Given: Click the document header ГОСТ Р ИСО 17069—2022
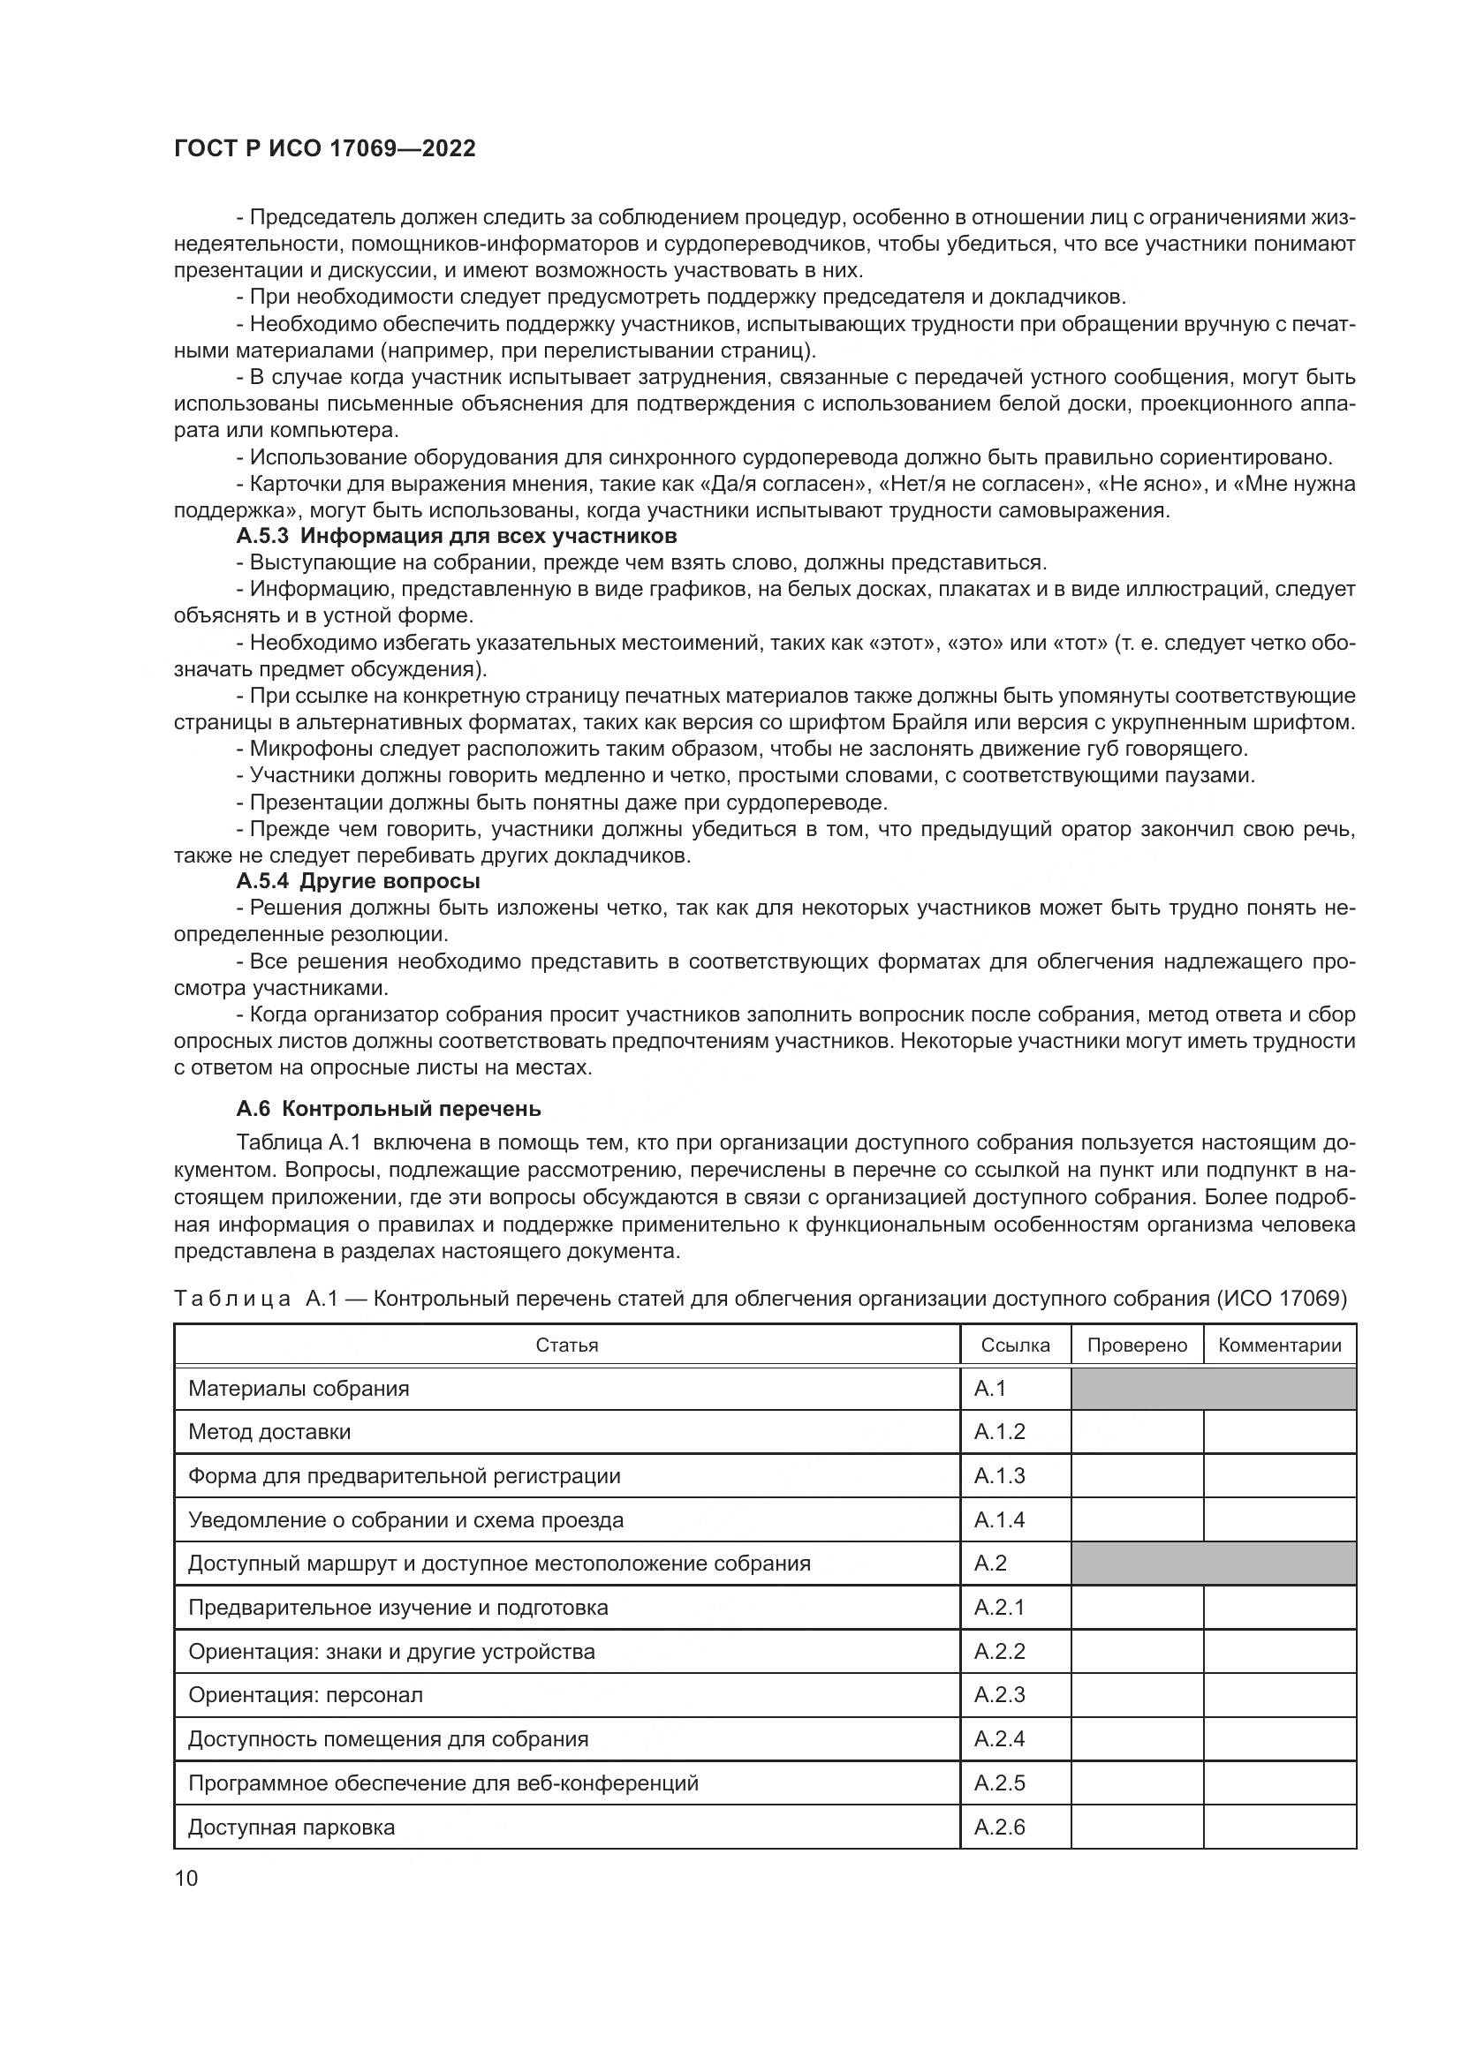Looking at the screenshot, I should coord(325,148).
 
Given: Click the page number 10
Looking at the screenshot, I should coord(186,1878).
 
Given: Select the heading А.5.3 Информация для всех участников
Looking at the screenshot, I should coord(456,537).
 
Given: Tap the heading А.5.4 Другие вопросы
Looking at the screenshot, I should coord(358,880).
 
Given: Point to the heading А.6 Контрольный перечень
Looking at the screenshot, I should coord(389,1109).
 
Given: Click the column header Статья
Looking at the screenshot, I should coord(567,1345).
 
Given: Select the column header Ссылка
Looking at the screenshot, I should coord(1016,1345).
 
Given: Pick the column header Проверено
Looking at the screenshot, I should coord(1137,1345).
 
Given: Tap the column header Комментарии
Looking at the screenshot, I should coord(1279,1345).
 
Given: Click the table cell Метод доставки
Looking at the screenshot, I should coord(270,1432).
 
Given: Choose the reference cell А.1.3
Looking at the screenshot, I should coord(1000,1476).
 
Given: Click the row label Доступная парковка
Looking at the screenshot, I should coord(291,1827).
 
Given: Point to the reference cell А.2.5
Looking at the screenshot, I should coord(1000,1782).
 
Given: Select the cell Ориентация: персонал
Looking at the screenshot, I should coord(306,1695).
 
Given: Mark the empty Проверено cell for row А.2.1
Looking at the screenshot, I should coord(1137,1607).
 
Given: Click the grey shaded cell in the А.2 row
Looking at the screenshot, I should coord(1213,1564).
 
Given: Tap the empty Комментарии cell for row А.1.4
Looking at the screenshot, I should coord(1279,1520).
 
